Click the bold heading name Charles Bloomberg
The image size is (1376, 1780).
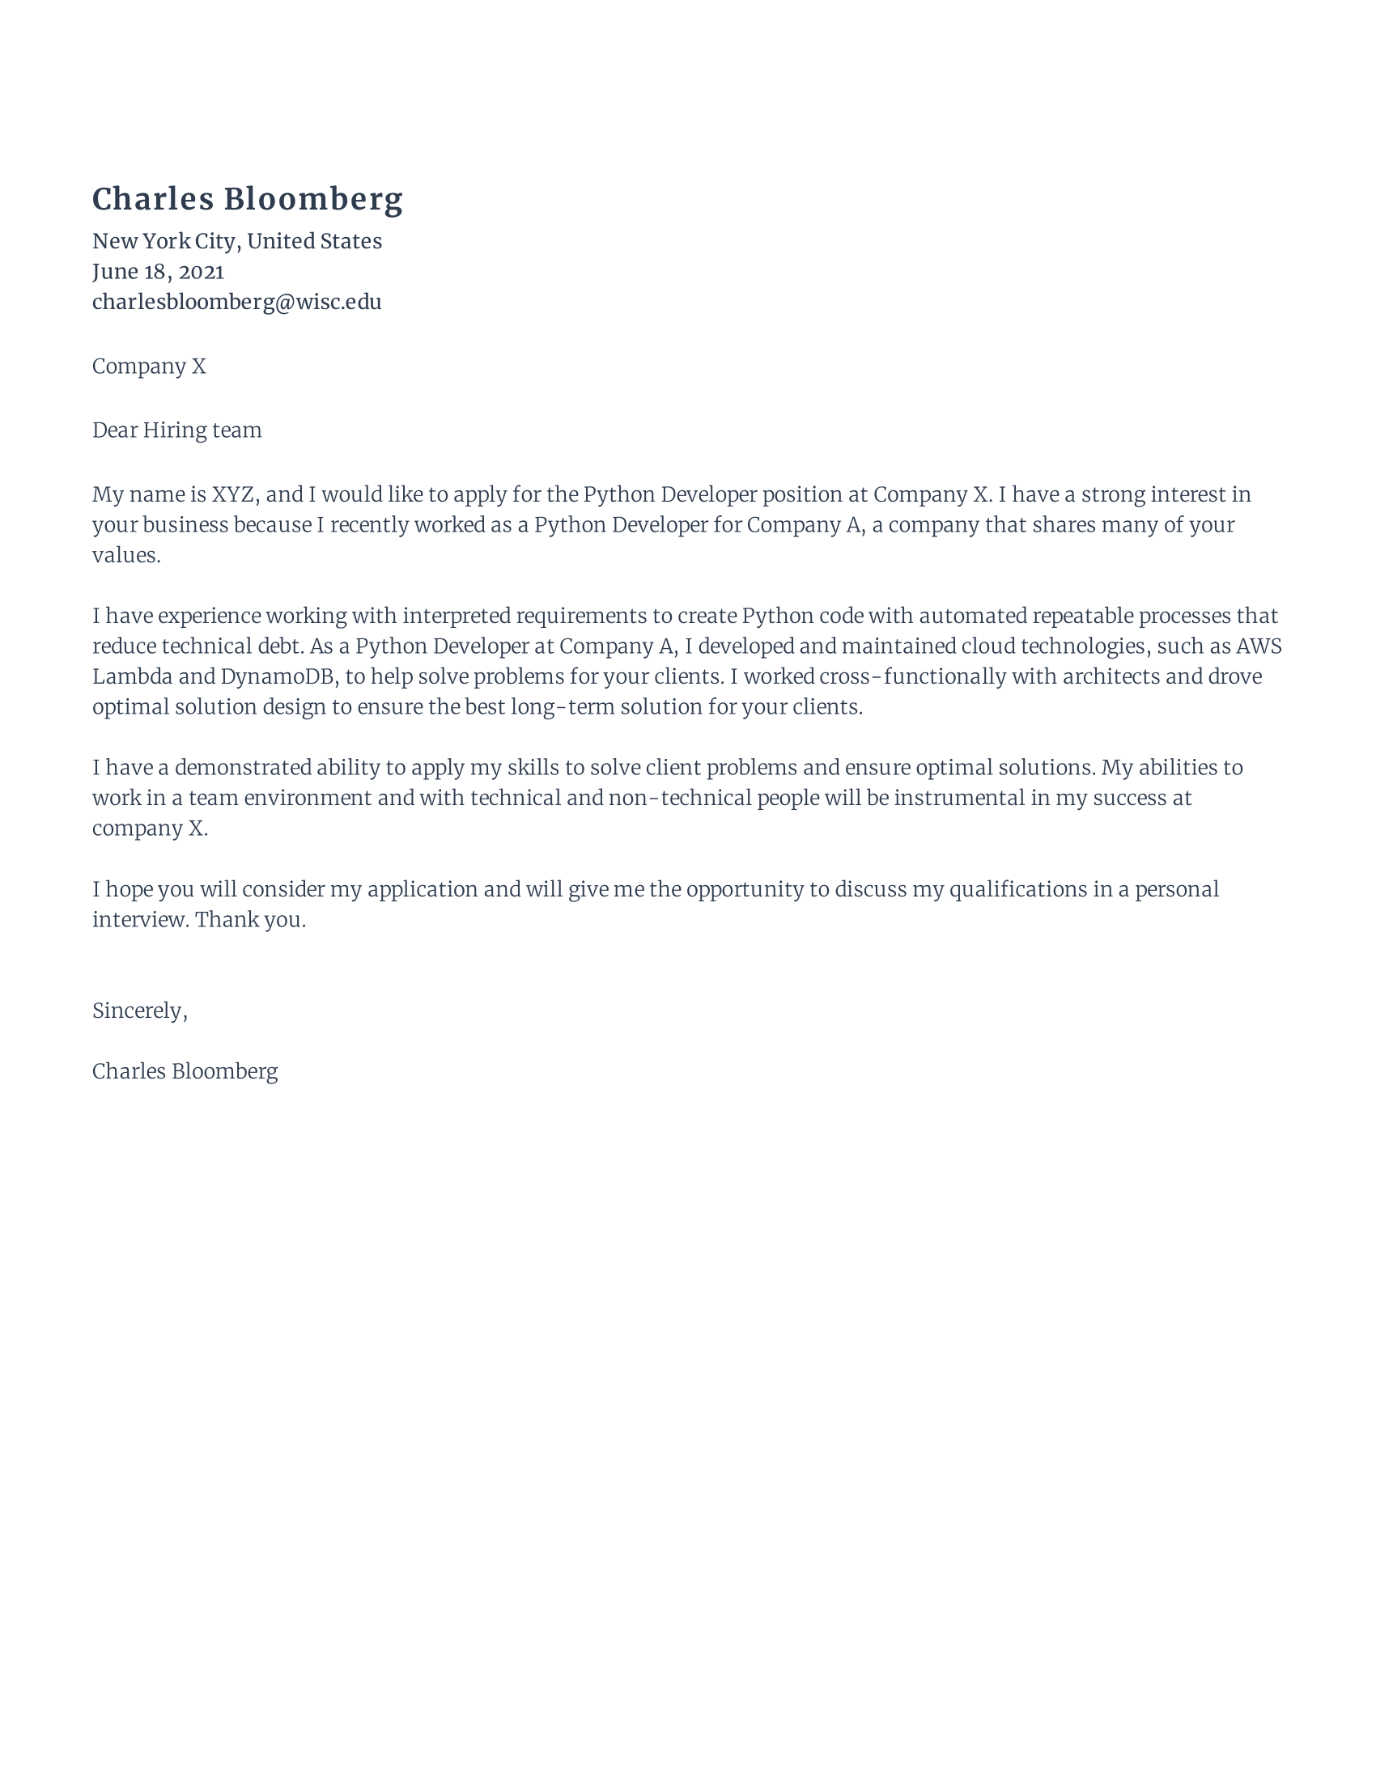247,200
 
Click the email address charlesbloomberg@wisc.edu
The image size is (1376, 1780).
236,303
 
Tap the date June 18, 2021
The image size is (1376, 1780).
157,271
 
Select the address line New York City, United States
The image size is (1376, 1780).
236,241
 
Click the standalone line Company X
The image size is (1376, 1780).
148,367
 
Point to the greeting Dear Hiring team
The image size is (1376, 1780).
177,430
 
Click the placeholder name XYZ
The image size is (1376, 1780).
233,494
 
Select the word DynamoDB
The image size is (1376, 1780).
278,677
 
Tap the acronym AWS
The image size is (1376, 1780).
1259,646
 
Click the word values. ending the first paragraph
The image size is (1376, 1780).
126,556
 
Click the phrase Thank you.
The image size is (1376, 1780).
250,920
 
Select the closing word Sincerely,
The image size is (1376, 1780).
139,1011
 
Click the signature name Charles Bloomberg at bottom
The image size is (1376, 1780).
185,1072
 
